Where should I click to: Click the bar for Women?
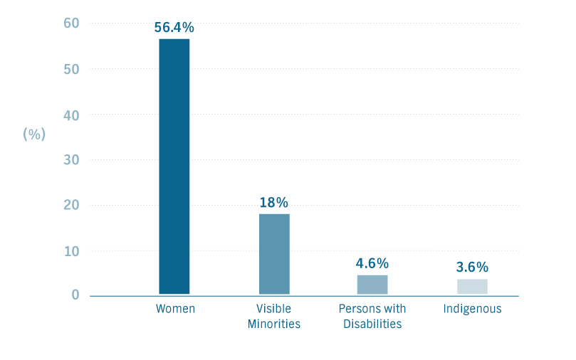(174, 166)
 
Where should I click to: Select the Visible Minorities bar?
(274, 253)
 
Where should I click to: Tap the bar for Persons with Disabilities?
(372, 284)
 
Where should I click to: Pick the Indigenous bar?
(472, 286)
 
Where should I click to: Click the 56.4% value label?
(174, 28)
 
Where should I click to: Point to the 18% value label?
(274, 203)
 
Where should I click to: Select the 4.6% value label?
(372, 263)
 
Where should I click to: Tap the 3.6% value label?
(472, 268)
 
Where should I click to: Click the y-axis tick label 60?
(71, 23)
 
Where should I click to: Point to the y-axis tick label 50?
(71, 69)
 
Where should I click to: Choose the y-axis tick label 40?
(71, 115)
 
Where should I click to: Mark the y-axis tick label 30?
(71, 160)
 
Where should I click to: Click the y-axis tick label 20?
(71, 206)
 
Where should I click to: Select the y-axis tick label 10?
(71, 251)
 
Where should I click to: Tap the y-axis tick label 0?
(75, 295)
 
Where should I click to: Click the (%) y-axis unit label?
(34, 134)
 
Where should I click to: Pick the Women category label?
(175, 309)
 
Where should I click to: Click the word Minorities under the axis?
(274, 324)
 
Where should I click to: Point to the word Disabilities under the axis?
(372, 324)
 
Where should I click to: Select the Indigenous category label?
(472, 309)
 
